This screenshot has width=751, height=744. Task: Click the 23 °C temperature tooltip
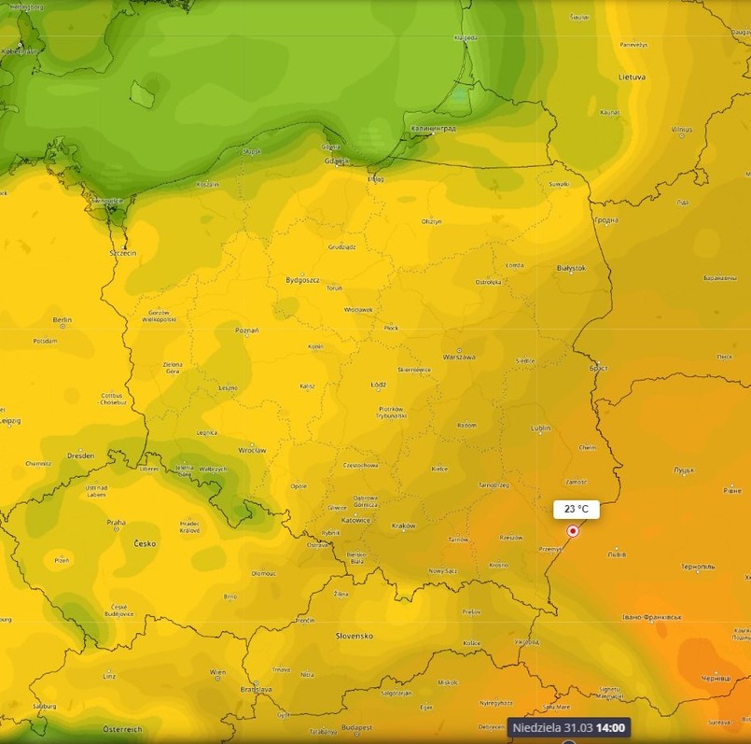point(576,509)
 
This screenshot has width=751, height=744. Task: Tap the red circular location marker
point(573,531)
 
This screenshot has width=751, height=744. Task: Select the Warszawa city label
point(459,358)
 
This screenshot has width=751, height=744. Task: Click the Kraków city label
point(404,526)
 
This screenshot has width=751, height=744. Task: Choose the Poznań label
point(247,330)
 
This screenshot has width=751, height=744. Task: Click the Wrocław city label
point(252,450)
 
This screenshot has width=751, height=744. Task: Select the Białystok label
point(570,268)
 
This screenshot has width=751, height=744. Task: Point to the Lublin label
point(540,428)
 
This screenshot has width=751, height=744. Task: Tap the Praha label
point(116,522)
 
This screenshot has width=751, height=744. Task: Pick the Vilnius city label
point(681,129)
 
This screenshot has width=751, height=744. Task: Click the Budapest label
point(356,726)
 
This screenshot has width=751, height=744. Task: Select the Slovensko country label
point(355,636)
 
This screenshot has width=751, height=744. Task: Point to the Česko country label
point(145,542)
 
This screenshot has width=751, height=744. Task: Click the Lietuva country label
point(632,77)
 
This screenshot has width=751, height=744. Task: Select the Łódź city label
point(378,385)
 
